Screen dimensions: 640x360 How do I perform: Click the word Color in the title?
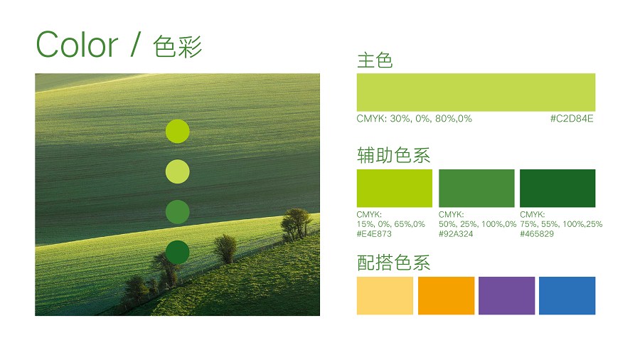click(77, 45)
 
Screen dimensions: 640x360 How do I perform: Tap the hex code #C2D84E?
click(572, 119)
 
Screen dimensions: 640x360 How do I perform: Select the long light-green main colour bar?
click(476, 92)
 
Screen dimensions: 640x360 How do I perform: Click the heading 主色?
click(375, 60)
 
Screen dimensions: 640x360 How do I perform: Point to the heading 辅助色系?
click(393, 156)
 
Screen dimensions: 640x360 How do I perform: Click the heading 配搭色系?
click(393, 263)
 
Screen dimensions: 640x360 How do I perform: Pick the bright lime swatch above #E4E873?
click(394, 188)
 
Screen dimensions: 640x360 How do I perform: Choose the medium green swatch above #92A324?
click(476, 188)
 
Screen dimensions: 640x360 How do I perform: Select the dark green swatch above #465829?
click(558, 188)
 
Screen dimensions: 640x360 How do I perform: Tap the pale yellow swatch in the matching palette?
click(385, 295)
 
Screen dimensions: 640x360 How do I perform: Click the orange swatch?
click(446, 295)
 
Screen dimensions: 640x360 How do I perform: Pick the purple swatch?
click(506, 295)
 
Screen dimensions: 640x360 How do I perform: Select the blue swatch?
click(567, 295)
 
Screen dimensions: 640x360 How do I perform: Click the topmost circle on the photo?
click(178, 132)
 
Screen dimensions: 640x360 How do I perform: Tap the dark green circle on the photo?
click(178, 253)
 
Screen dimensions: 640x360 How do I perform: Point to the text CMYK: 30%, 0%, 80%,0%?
click(415, 119)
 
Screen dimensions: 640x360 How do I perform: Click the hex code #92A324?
click(456, 234)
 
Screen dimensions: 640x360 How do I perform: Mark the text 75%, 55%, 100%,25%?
click(561, 224)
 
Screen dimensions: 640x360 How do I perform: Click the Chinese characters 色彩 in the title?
click(178, 46)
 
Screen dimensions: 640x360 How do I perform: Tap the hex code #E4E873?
click(374, 234)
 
